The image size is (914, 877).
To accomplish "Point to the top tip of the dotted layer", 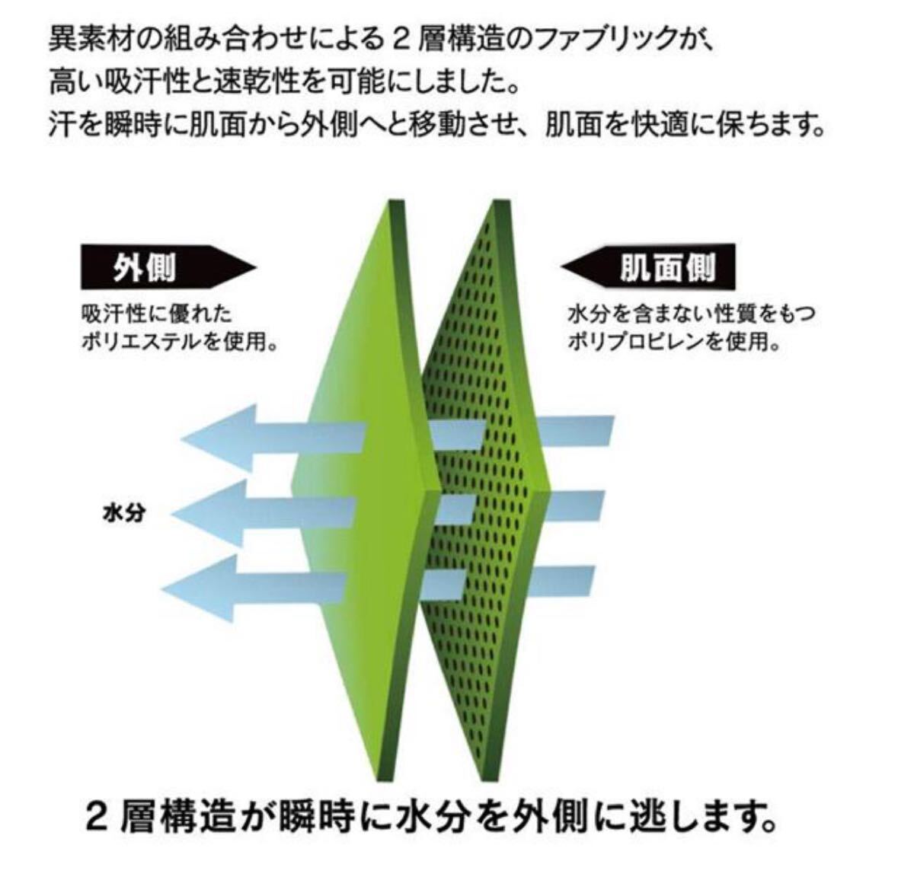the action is point(500,205).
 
